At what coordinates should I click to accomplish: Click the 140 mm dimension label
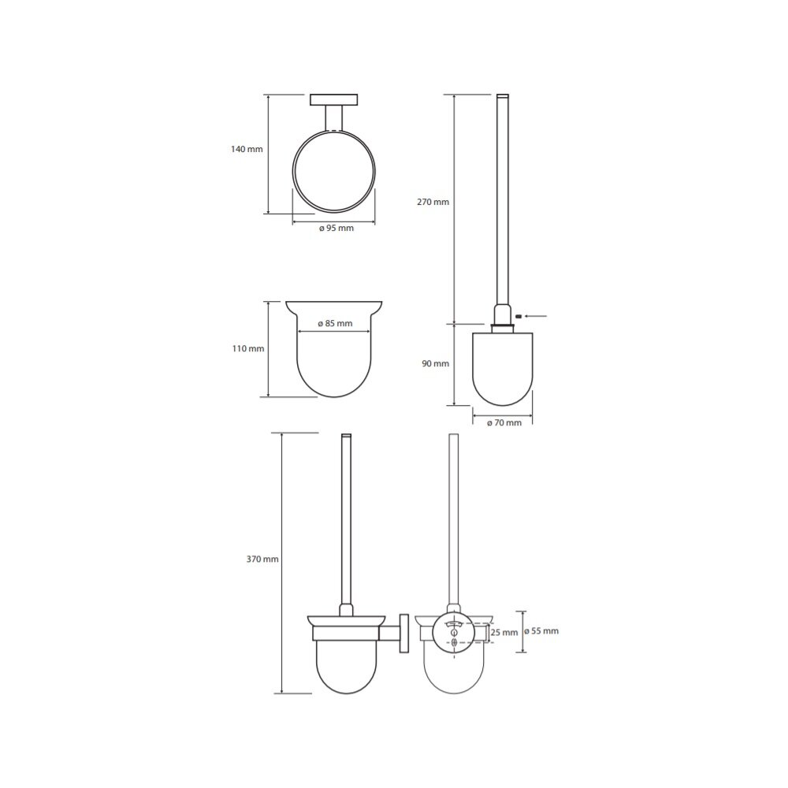tap(247, 149)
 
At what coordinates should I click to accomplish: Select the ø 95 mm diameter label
tap(336, 229)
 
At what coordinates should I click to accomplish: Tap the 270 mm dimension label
tap(433, 202)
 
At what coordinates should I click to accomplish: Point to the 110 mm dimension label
tap(248, 348)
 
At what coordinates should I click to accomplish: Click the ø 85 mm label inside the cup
tap(335, 323)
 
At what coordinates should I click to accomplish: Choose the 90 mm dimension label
tap(435, 363)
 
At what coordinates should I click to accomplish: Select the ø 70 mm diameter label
tap(504, 422)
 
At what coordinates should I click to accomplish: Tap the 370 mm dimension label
tap(262, 559)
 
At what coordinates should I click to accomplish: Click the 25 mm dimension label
tap(504, 632)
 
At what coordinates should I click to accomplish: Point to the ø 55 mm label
tap(541, 630)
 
